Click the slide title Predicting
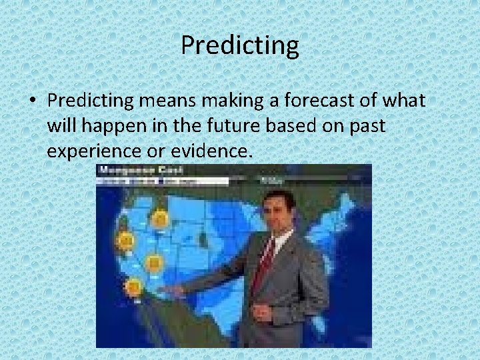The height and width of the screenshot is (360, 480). pyautogui.click(x=240, y=46)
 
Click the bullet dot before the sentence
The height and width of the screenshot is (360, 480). pyautogui.click(x=32, y=101)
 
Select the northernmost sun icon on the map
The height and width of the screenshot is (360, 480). pyautogui.click(x=160, y=218)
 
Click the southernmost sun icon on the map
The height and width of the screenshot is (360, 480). pyautogui.click(x=134, y=287)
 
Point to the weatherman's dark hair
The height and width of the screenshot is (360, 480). pyautogui.click(x=279, y=195)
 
